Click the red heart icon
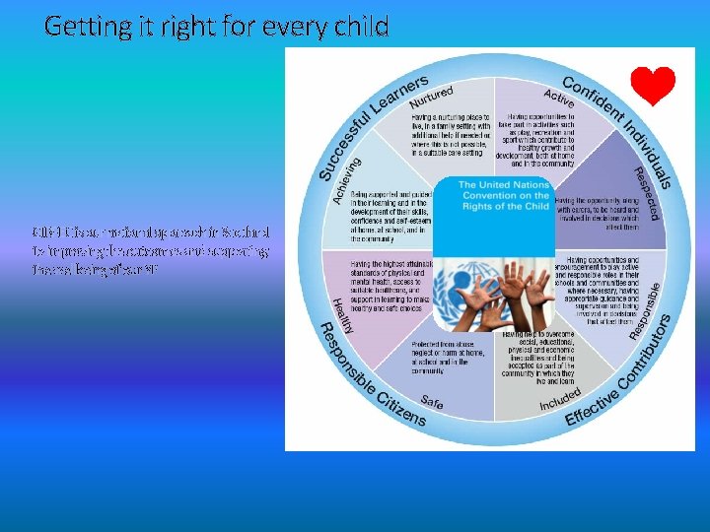[x=653, y=87]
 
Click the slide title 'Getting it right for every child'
[x=217, y=26]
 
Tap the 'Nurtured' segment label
[x=431, y=97]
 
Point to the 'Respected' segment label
[x=638, y=192]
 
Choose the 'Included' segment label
[x=559, y=398]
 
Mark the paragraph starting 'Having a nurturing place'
[x=448, y=134]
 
